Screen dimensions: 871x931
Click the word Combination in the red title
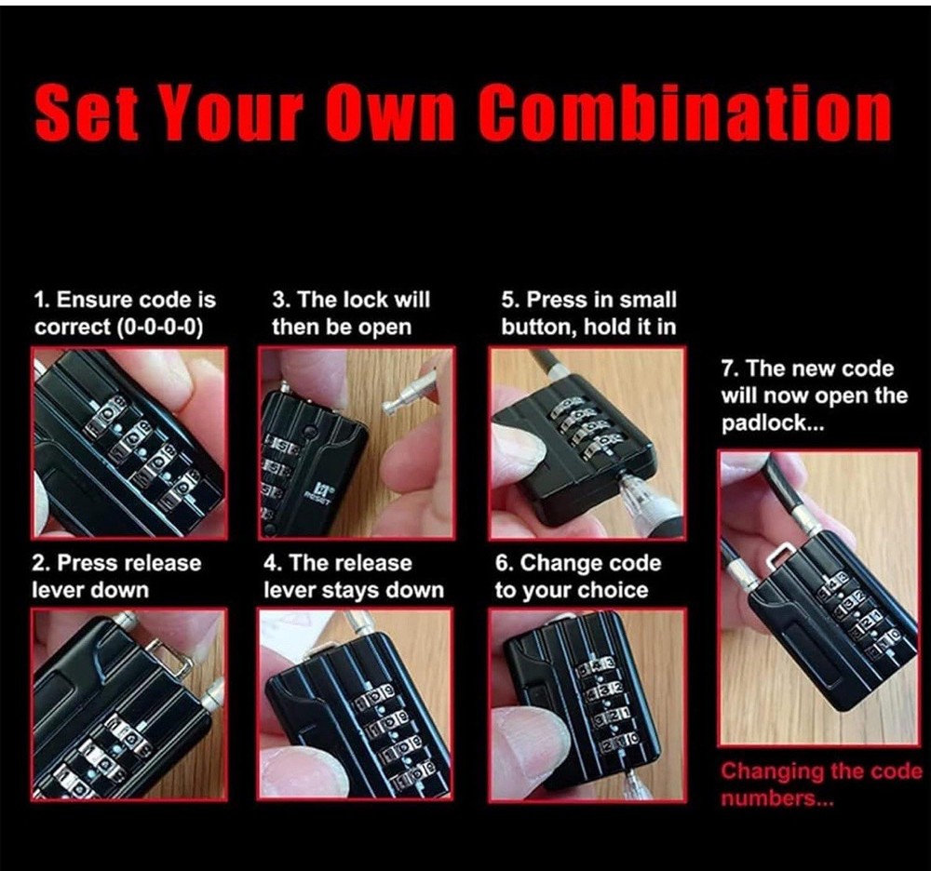pos(685,115)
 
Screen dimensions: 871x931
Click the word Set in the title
pos(88,115)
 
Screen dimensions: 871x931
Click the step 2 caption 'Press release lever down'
pos(116,577)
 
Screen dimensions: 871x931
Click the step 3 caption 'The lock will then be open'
pos(350,314)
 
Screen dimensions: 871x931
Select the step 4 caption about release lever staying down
pos(354,577)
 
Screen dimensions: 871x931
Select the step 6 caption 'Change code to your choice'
pos(577,577)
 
